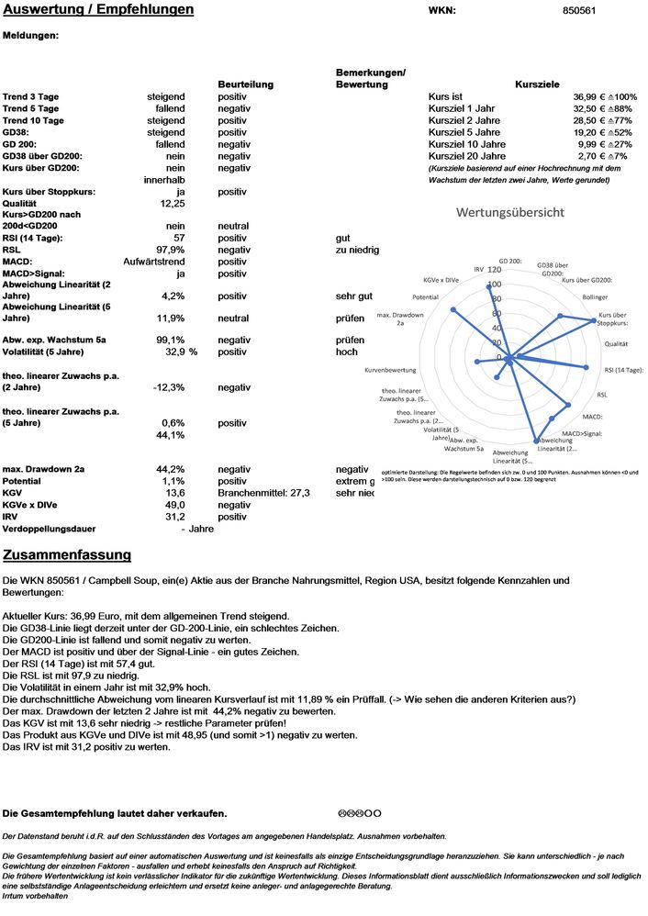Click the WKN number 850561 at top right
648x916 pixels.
click(578, 11)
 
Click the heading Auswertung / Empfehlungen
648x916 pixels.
click(98, 10)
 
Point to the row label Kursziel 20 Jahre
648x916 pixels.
click(466, 156)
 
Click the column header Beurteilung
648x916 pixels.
click(245, 84)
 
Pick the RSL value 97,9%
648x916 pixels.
click(171, 250)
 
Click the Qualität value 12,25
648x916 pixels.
click(173, 204)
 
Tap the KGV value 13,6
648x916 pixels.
click(174, 493)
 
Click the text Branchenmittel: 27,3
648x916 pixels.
click(264, 493)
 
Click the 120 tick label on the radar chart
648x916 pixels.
click(495, 270)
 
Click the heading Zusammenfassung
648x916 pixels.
click(67, 555)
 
